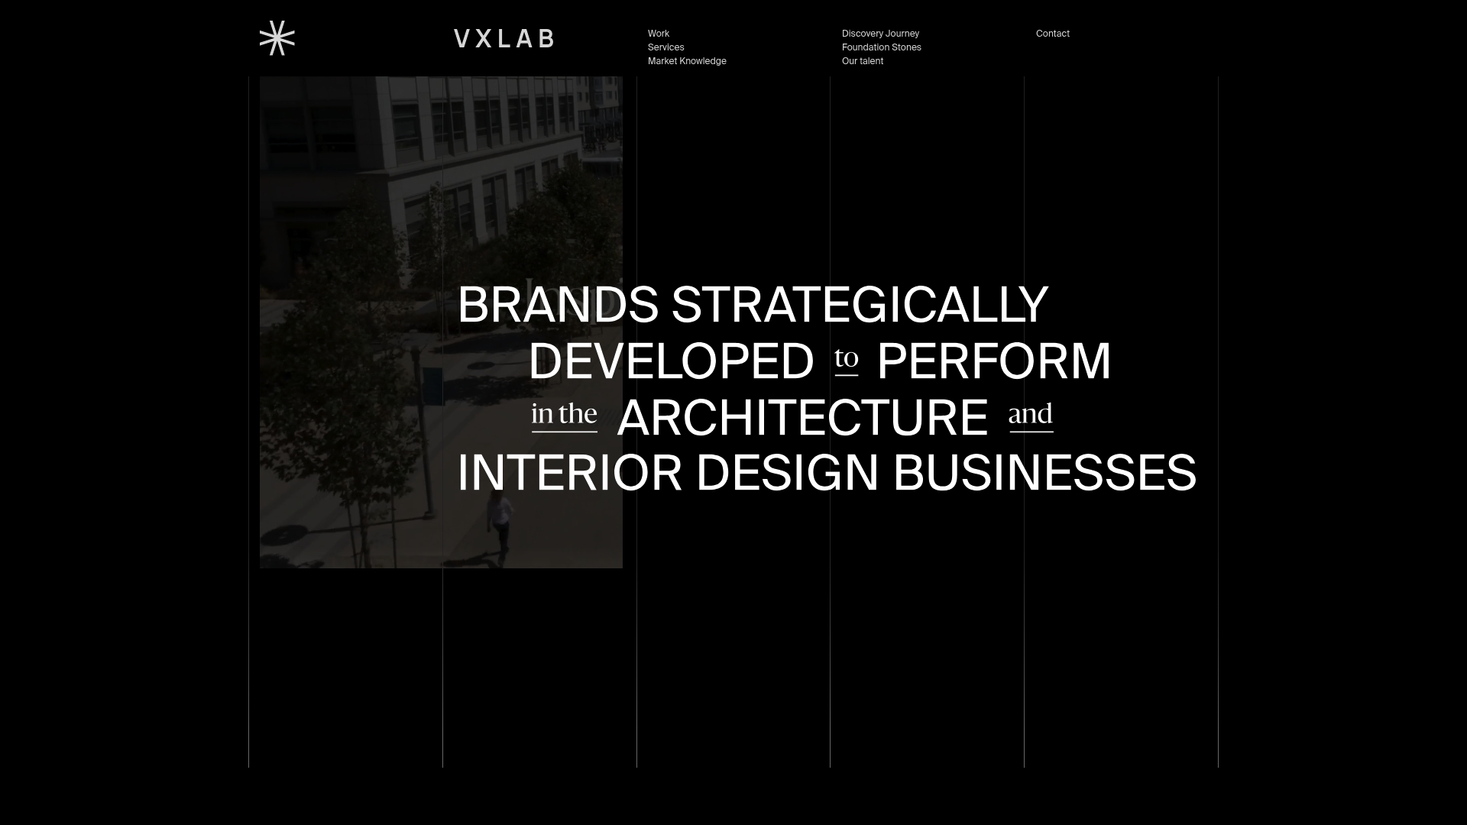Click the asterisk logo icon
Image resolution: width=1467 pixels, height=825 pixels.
pos(277,38)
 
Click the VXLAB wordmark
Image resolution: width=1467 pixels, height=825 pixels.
pos(504,39)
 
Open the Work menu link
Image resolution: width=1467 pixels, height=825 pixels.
pos(659,34)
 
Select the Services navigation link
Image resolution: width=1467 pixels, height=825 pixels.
pos(665,47)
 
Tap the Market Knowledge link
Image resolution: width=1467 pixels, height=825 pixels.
pos(687,61)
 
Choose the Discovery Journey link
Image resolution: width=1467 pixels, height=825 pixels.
pos(880,34)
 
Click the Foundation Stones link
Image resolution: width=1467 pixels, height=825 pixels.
pos(881,47)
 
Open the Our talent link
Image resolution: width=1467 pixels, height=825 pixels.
pos(862,61)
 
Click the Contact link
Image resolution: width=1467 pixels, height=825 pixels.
pos(1052,34)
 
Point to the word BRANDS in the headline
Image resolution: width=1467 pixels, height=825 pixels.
pos(558,305)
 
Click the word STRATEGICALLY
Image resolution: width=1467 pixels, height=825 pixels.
pos(860,305)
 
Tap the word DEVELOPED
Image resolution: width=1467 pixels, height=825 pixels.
pos(671,361)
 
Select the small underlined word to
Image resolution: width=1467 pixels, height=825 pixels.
pos(846,357)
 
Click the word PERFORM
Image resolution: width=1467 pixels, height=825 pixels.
pos(993,361)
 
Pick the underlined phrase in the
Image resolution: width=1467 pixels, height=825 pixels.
pos(564,414)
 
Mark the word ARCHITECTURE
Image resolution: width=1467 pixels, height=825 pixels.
pos(802,418)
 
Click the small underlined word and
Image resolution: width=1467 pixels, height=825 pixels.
pos(1030,414)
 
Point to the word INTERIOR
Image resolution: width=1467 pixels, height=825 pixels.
pos(569,473)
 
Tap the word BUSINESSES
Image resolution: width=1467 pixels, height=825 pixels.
pos(1044,473)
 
